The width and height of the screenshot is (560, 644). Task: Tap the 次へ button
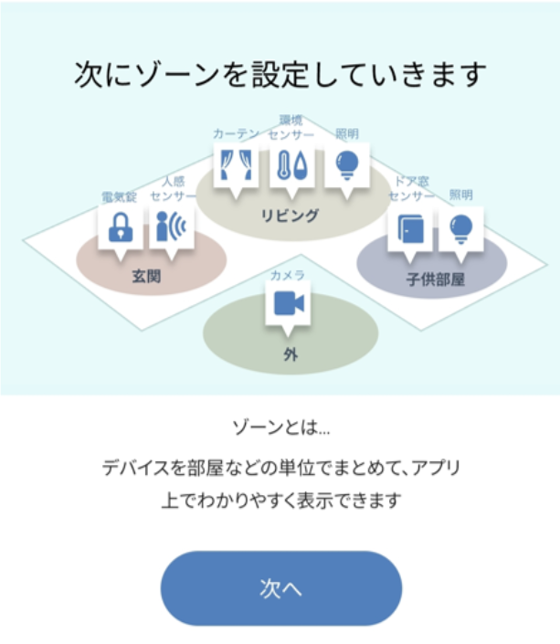280,588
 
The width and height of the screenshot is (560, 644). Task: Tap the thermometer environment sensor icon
291,165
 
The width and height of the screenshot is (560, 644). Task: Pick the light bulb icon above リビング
347,164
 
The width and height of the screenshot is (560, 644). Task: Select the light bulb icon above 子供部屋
461,227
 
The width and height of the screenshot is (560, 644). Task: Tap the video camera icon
289,304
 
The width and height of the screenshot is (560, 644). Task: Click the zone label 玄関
146,276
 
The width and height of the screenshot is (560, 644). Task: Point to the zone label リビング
291,216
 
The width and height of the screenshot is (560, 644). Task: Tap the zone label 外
290,355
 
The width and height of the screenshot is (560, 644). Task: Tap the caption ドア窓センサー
410,189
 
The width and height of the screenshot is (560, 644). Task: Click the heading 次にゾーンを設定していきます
280,75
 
